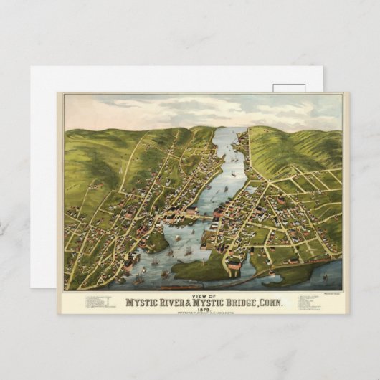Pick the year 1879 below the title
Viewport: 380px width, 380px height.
click(204, 309)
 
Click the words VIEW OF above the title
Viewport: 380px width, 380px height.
click(203, 294)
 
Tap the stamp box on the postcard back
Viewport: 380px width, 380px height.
click(289, 88)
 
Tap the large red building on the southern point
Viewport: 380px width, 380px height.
click(234, 265)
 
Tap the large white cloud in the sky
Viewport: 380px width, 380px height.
click(208, 108)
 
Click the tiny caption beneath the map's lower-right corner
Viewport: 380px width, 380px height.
click(329, 290)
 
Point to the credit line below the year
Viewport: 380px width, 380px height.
click(204, 313)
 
